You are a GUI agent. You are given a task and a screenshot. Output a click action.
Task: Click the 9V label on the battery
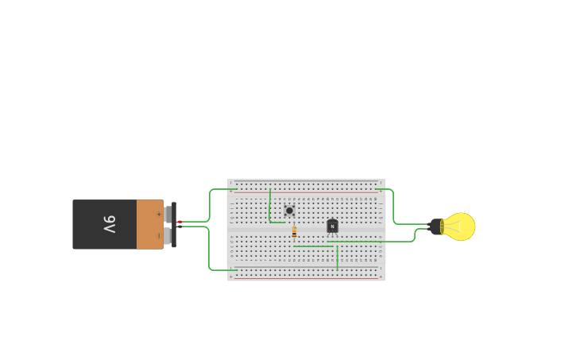pyautogui.click(x=110, y=224)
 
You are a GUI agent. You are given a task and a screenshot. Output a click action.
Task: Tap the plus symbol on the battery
pyautogui.click(x=158, y=214)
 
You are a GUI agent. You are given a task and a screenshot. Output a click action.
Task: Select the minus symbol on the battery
pyautogui.click(x=158, y=235)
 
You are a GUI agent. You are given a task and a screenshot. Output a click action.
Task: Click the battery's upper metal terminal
pyautogui.click(x=168, y=214)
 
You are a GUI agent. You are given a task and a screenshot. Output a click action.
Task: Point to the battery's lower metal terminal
pyautogui.click(x=168, y=236)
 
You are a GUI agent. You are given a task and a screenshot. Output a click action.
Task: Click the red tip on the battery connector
pyautogui.click(x=179, y=223)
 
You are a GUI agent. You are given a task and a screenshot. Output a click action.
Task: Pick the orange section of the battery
pyautogui.click(x=149, y=224)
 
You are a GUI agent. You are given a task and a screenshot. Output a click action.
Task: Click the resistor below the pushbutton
pyautogui.click(x=294, y=232)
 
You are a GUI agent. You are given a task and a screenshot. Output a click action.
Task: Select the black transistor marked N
pyautogui.click(x=332, y=226)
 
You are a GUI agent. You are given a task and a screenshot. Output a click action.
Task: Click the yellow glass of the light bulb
pyautogui.click(x=460, y=226)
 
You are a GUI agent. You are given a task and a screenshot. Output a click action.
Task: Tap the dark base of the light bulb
pyautogui.click(x=435, y=226)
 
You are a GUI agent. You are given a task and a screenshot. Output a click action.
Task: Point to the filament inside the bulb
pyautogui.click(x=454, y=226)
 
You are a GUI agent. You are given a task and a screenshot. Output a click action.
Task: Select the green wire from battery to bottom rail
pyautogui.click(x=209, y=250)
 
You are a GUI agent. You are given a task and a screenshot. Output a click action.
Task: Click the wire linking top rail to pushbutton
pyautogui.click(x=270, y=207)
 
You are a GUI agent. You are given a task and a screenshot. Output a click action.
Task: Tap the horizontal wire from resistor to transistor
pyautogui.click(x=314, y=246)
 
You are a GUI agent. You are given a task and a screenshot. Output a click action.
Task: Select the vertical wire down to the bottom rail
pyautogui.click(x=337, y=258)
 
